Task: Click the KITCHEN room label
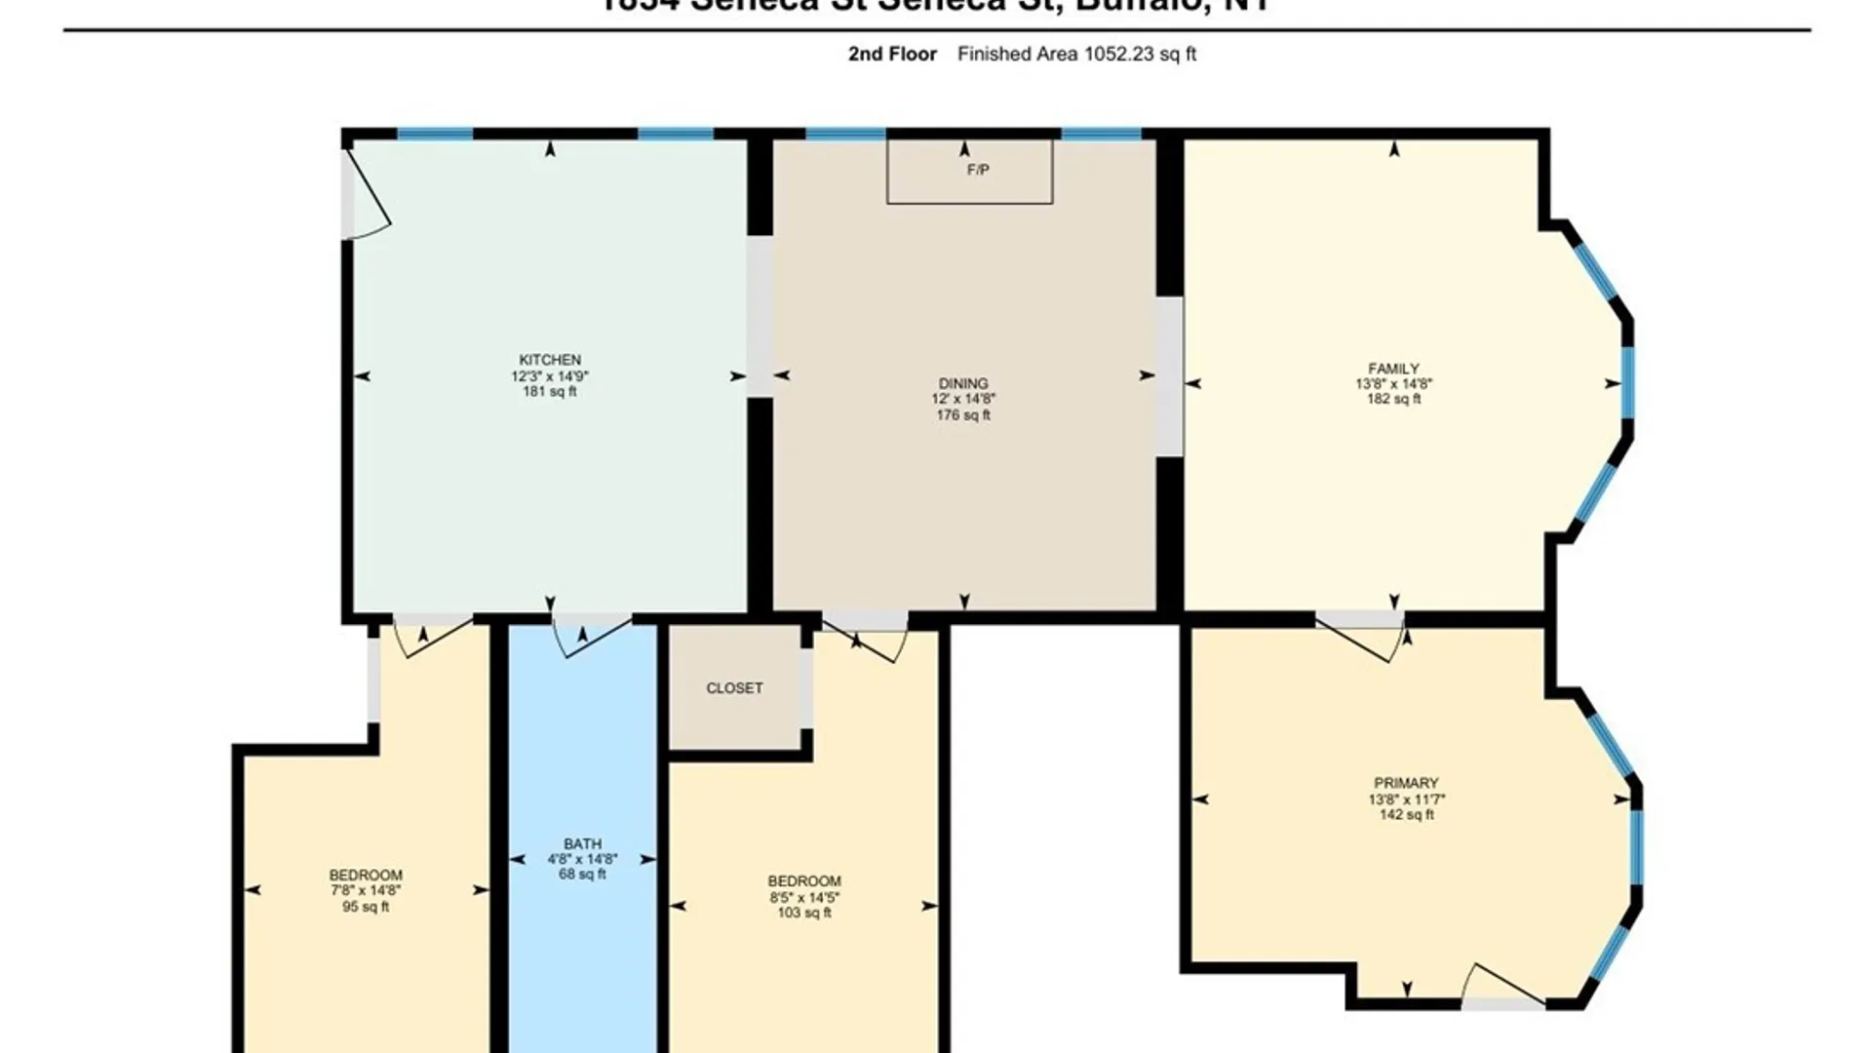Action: (x=549, y=360)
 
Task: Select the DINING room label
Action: (x=963, y=383)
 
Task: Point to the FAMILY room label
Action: (x=1393, y=369)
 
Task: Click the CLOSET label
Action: (x=734, y=688)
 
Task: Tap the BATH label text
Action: (x=582, y=843)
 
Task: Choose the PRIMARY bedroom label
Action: (x=1406, y=783)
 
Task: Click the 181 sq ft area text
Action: (x=549, y=392)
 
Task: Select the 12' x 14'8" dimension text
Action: (x=963, y=399)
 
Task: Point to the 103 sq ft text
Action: (x=804, y=913)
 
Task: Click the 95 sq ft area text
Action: (x=366, y=907)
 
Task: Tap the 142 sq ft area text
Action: (x=1406, y=815)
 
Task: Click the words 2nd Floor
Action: (x=892, y=55)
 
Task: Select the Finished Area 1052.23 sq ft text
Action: (x=1076, y=55)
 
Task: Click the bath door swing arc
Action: (x=592, y=639)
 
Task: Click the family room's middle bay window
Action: (x=1627, y=382)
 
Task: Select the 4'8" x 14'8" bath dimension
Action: (x=582, y=859)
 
